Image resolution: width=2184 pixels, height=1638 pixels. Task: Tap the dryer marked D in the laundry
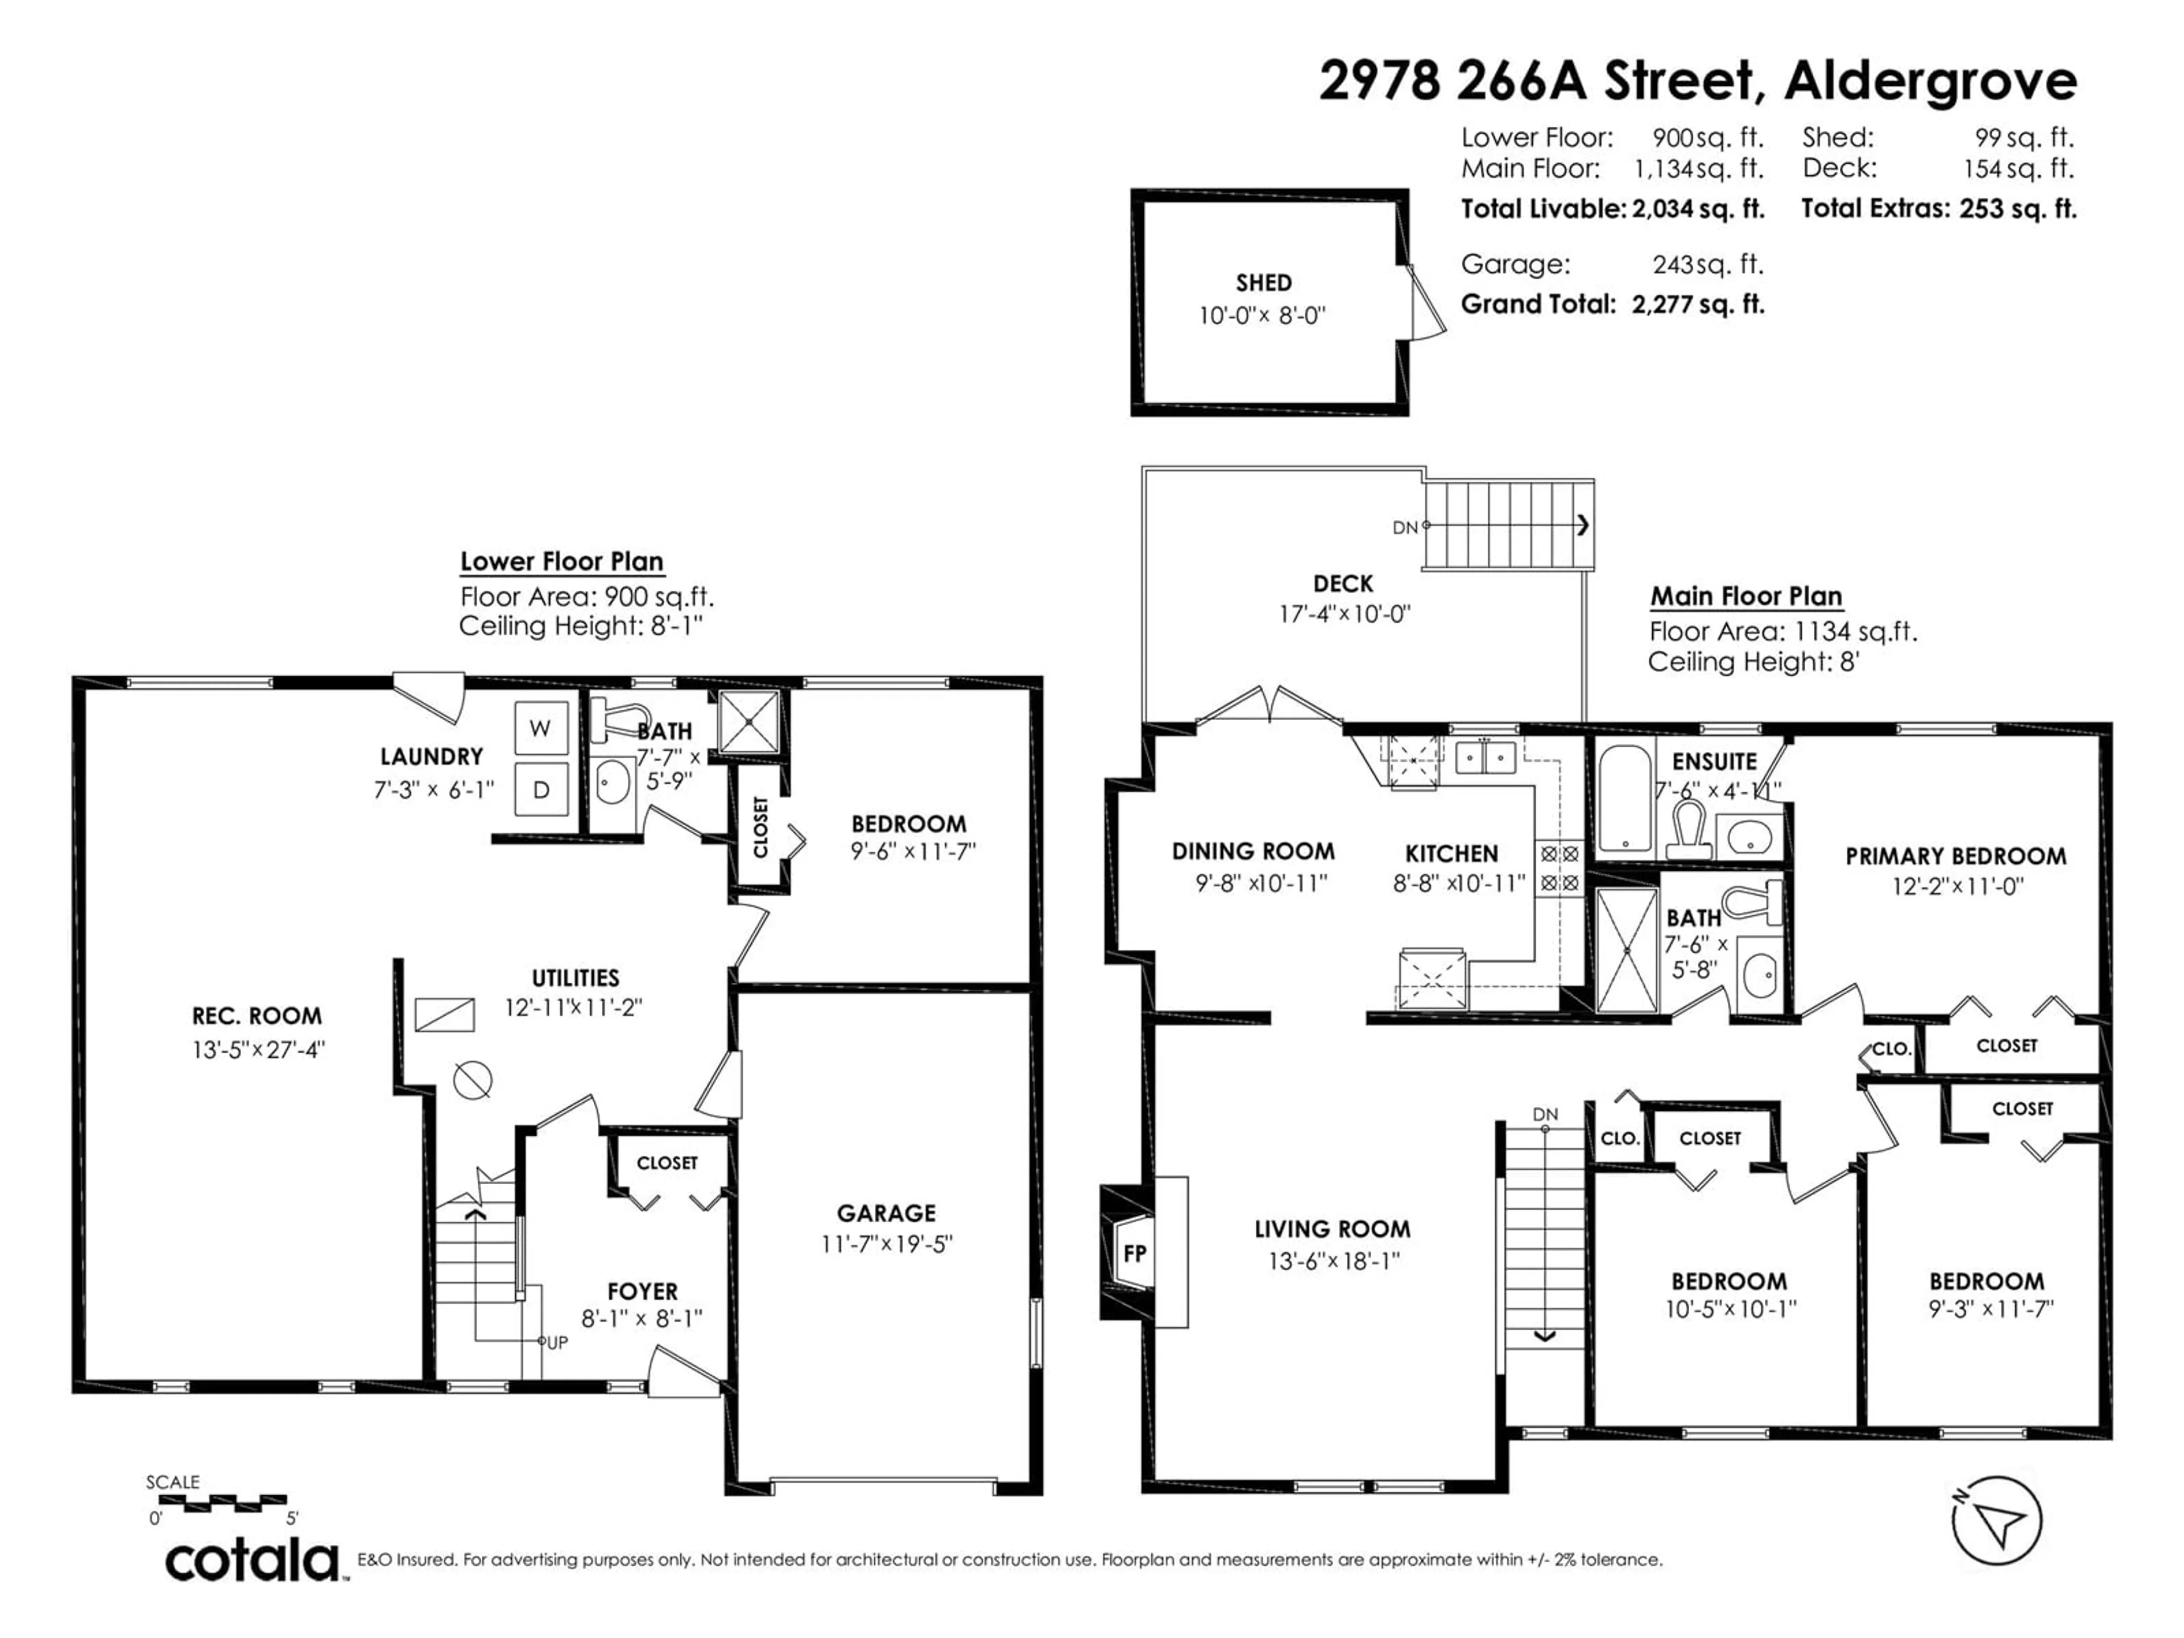tap(541, 789)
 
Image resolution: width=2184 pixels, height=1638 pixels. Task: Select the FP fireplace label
tap(1135, 1253)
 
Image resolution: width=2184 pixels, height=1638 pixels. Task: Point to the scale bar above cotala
tap(223, 1501)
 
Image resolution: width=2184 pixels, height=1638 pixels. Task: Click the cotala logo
tap(252, 1562)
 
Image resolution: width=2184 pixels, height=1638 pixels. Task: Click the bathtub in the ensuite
tap(1624, 798)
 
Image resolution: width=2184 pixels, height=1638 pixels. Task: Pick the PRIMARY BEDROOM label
tap(1956, 856)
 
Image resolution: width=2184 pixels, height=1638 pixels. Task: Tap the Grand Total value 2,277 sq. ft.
tap(1698, 304)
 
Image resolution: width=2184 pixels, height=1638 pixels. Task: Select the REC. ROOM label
tap(257, 1016)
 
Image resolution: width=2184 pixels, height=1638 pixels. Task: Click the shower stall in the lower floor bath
tap(750, 722)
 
